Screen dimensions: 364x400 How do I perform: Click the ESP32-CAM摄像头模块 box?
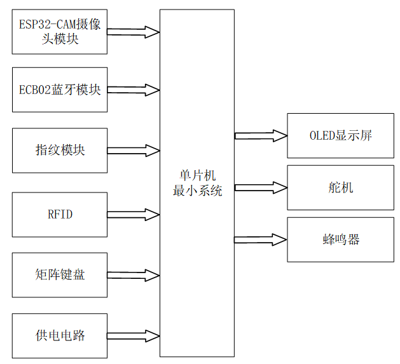60,32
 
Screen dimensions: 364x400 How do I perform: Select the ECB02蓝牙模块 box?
60,90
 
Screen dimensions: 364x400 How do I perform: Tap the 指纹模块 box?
60,151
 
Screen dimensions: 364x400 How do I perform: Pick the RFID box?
60,214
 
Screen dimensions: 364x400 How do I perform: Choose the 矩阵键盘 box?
60,274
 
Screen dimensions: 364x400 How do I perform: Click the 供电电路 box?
60,335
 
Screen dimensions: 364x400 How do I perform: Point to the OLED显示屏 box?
340,135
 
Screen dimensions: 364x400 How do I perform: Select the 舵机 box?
340,187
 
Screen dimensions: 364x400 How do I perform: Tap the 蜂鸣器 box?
340,239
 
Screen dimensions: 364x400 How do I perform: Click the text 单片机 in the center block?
197,176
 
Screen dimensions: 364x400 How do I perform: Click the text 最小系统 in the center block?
197,190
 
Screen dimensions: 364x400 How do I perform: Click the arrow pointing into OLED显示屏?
261,135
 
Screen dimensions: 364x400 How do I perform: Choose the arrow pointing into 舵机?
261,187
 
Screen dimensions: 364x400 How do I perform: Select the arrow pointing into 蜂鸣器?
261,239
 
